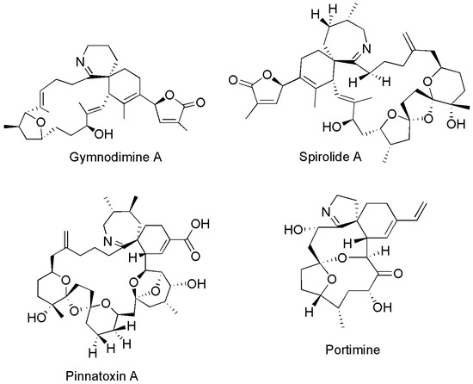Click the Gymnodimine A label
coord(115,158)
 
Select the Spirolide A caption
coord(330,157)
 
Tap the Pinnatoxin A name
coord(102,376)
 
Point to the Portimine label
coord(353,350)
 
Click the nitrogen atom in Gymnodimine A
coord(81,62)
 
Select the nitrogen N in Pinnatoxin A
coord(107,241)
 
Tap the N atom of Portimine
coord(327,212)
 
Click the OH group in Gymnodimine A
coord(103,133)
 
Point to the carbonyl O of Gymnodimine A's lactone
coord(200,102)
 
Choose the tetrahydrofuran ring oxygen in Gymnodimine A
coord(40,122)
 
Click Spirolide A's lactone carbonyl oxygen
coord(233,80)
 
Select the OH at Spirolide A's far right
coord(456,124)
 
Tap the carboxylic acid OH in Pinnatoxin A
coord(200,224)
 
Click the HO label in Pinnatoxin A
coord(37,318)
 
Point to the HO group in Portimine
coord(294,230)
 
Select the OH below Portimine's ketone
coord(382,307)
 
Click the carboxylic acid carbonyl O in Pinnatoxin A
coord(195,257)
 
